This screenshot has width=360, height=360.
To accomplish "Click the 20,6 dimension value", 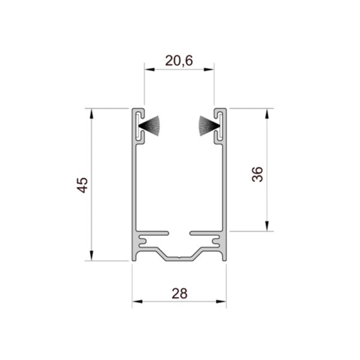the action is (x=179, y=61).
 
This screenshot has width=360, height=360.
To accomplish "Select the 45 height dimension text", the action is (x=82, y=185).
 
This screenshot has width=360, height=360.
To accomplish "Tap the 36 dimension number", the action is (x=257, y=175).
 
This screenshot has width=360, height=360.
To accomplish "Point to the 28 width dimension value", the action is (x=179, y=293).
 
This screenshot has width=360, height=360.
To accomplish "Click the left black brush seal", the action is (x=149, y=126).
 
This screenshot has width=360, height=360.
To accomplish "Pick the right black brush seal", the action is (x=209, y=126).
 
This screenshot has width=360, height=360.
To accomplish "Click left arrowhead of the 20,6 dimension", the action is (x=149, y=70).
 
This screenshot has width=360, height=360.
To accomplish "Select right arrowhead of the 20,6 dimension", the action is (x=209, y=70).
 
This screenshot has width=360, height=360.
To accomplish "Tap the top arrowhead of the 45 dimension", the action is (x=92, y=113).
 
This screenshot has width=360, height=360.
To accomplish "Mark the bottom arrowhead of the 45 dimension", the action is (x=92, y=256).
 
